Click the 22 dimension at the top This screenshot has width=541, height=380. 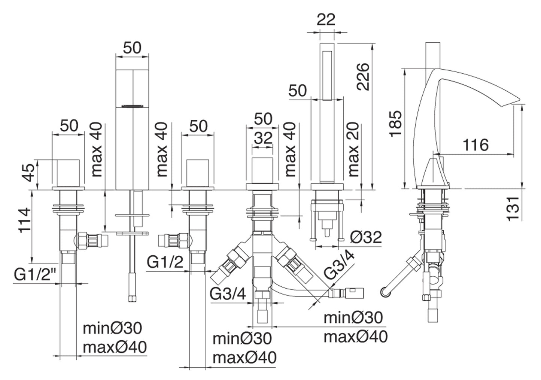tap(326, 19)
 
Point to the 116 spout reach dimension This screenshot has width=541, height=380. tap(475, 145)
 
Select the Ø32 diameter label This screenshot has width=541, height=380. tap(366, 237)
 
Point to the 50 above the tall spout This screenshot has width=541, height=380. tap(132, 48)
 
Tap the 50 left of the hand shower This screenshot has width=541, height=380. tap(298, 91)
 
